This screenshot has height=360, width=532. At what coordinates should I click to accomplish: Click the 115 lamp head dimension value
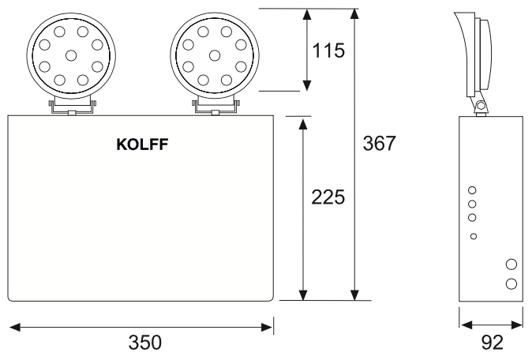click(328, 51)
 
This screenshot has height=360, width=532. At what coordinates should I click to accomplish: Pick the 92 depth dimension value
click(491, 343)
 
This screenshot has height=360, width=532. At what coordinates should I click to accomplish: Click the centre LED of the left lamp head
click(72, 54)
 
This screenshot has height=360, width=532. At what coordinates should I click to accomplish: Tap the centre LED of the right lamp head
click(215, 54)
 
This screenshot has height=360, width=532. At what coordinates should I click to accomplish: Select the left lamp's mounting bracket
click(72, 105)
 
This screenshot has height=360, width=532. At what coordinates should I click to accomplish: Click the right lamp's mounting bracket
click(215, 105)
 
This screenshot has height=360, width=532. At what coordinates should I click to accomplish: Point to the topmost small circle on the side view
click(472, 189)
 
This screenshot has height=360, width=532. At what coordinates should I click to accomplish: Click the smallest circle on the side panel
click(473, 236)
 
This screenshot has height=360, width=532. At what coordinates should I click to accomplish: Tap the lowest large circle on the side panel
click(511, 283)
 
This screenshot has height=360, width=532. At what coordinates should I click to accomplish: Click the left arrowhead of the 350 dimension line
click(13, 324)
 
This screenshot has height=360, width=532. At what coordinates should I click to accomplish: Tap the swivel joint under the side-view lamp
click(478, 104)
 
